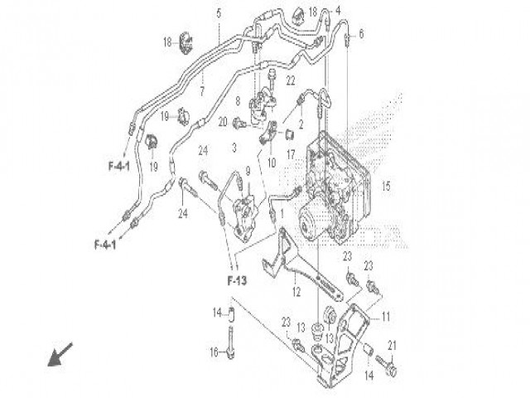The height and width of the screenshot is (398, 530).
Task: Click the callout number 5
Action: [x=219, y=13]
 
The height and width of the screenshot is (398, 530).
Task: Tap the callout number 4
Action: [x=337, y=12]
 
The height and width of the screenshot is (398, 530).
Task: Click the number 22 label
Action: [x=290, y=80]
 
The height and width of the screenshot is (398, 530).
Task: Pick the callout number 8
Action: [x=237, y=101]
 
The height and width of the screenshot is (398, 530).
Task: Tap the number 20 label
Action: [x=223, y=122]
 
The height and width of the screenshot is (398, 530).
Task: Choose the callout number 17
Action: [x=291, y=153]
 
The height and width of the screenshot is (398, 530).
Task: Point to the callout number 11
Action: [x=384, y=317]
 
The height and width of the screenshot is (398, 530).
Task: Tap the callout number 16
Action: [x=213, y=352]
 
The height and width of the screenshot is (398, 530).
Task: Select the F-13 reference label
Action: [x=237, y=280]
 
